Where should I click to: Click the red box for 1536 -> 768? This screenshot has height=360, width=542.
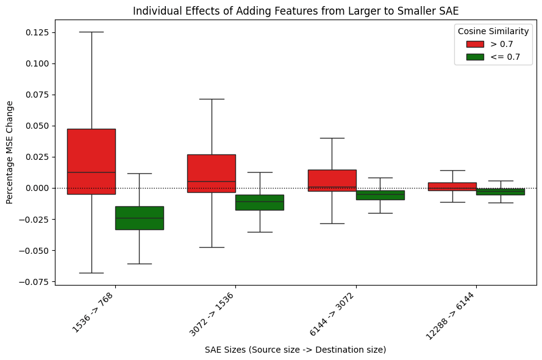(91, 161)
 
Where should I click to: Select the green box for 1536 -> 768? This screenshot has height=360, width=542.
(139, 218)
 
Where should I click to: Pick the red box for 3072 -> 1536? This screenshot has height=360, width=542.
(211, 173)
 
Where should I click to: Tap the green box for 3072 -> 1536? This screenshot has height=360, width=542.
(260, 202)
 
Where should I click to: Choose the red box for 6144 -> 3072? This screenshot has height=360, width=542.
(332, 180)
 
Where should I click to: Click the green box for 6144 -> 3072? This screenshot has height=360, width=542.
(380, 195)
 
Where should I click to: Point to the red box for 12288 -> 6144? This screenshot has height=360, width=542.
(452, 186)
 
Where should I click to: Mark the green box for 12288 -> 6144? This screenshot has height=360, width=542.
(501, 192)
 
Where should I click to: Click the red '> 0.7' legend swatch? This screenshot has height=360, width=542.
(475, 44)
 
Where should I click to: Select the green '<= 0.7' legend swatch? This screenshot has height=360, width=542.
(475, 57)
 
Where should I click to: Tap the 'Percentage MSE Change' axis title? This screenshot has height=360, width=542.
(9, 152)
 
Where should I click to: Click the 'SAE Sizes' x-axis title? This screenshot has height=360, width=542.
(296, 350)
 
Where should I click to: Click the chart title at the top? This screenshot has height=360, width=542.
(296, 10)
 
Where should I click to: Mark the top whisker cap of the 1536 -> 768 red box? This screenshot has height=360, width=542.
(91, 32)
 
